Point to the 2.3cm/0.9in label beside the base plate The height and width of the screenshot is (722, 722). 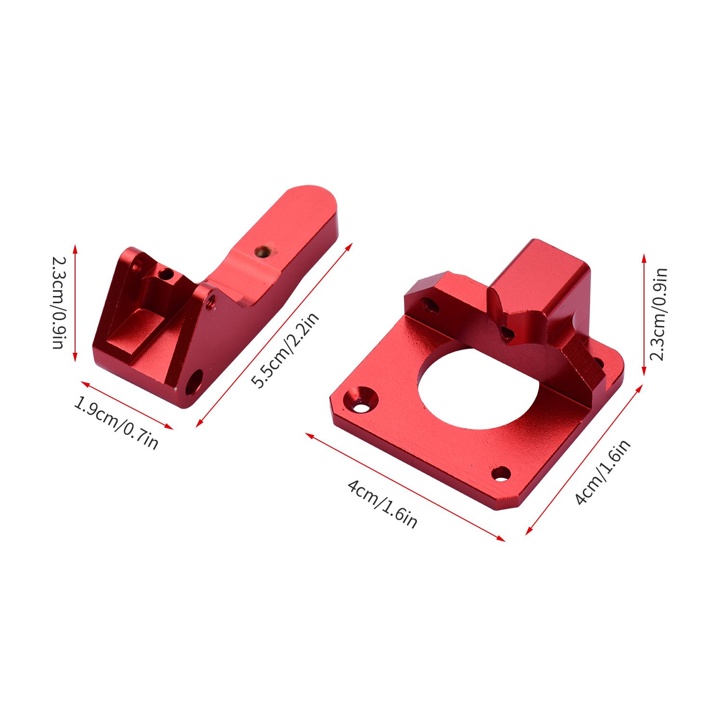tap(658, 314)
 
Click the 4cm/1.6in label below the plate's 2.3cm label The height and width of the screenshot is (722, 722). tap(603, 472)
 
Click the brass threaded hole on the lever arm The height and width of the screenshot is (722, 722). tap(262, 250)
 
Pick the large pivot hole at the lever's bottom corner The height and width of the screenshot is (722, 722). tap(193, 382)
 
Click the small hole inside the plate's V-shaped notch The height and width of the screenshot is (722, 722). tap(506, 332)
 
